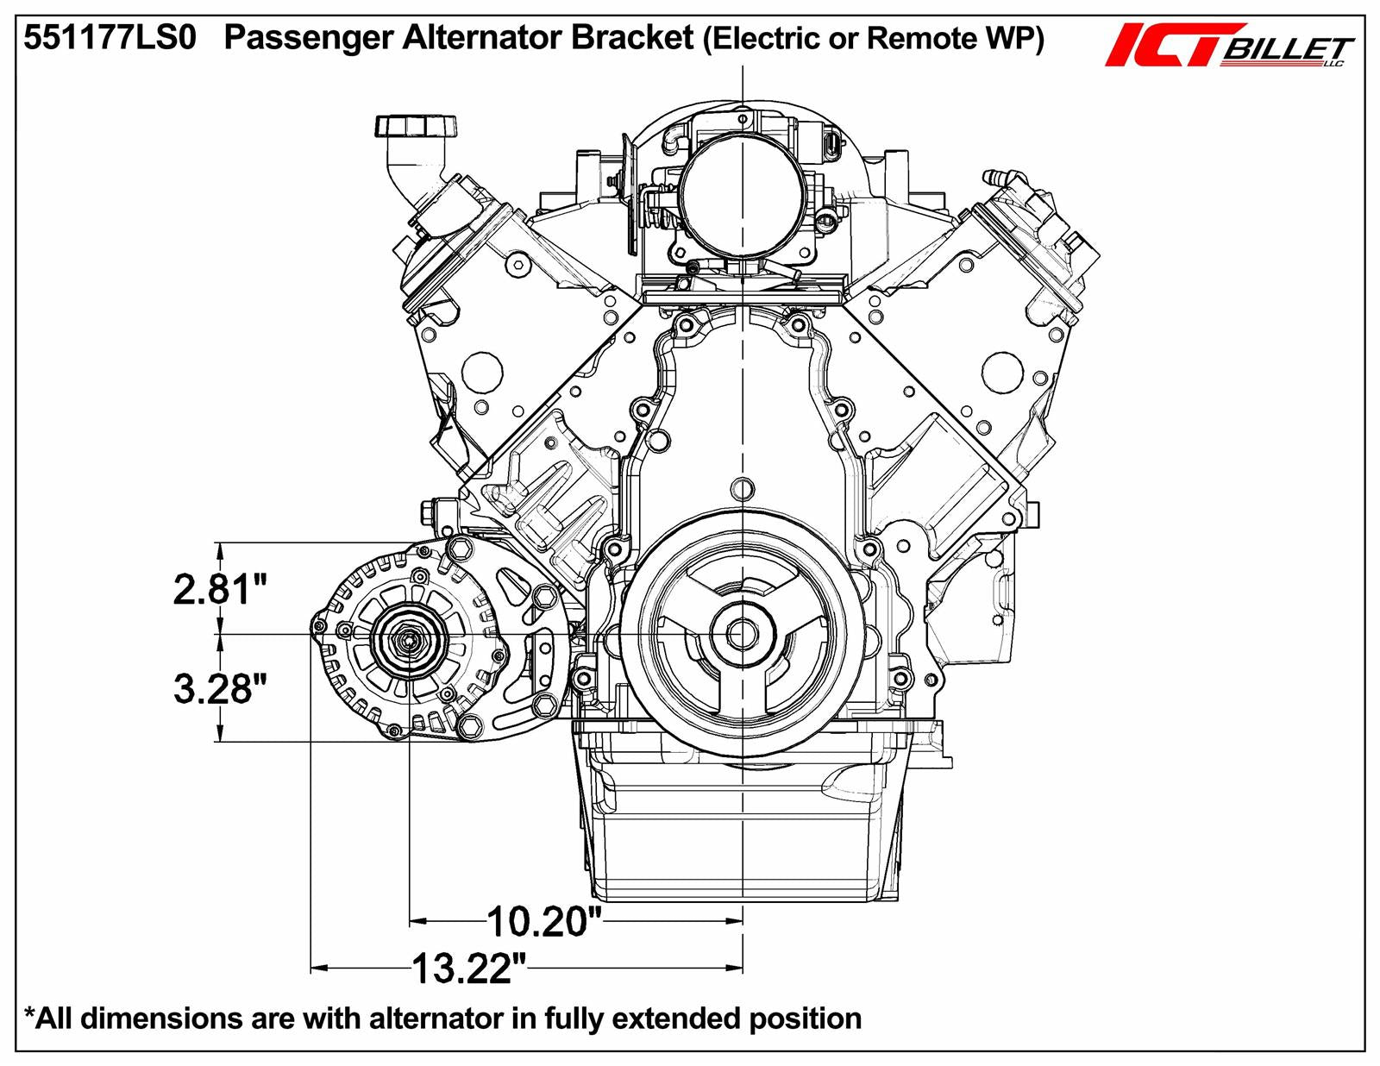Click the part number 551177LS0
click(x=110, y=39)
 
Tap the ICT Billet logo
click(x=1229, y=46)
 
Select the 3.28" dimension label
click(x=220, y=688)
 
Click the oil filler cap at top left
click(x=412, y=127)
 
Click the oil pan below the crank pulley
click(x=742, y=828)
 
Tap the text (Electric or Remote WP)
click(x=874, y=39)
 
